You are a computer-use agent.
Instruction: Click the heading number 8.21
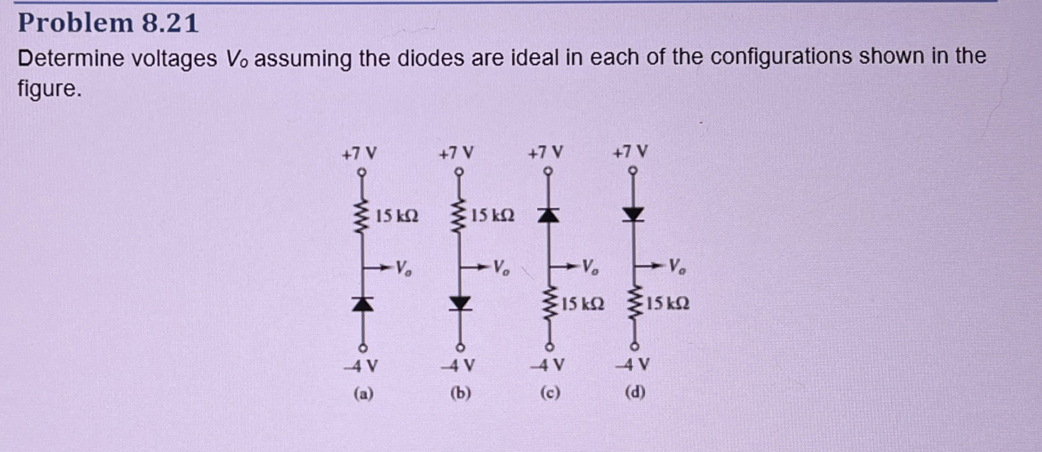click(170, 24)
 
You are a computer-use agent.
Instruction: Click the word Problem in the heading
click(76, 24)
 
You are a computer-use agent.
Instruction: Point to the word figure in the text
click(49, 89)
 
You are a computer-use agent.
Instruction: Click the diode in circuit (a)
click(362, 303)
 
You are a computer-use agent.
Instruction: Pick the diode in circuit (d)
click(633, 214)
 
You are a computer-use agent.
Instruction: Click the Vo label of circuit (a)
click(404, 268)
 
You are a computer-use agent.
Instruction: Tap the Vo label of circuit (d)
click(677, 267)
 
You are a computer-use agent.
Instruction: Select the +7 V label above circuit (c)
click(545, 152)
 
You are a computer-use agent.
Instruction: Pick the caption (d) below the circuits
click(635, 392)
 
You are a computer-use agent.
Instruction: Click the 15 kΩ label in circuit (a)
click(397, 216)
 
